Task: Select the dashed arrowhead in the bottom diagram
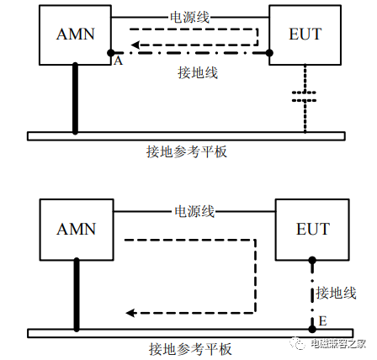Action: [131, 313]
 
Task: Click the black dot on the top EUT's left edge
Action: [269, 53]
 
